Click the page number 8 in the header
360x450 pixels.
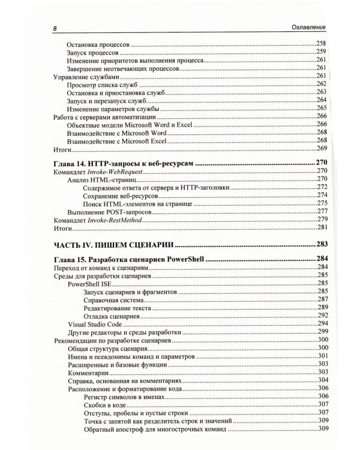(x=55, y=28)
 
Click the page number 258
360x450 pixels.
(x=321, y=44)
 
